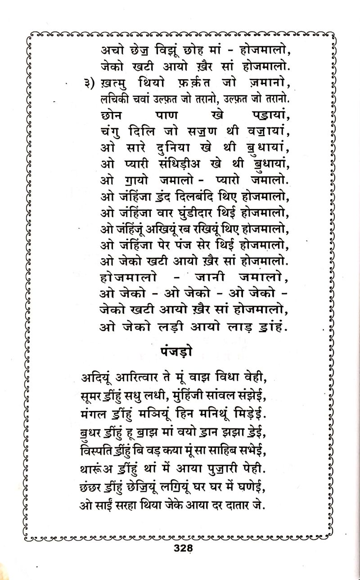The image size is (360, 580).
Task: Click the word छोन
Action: pos(112,115)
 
